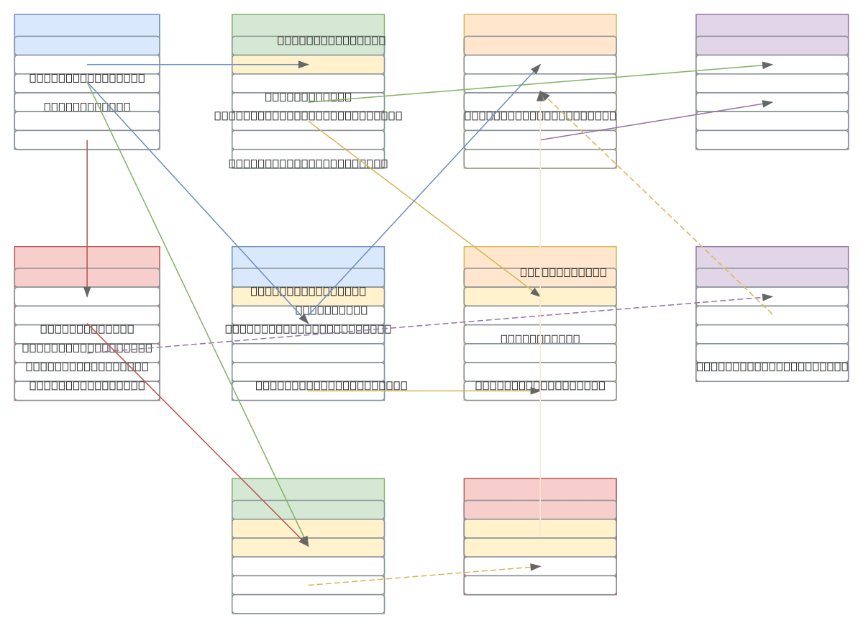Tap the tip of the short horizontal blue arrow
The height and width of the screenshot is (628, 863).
click(x=308, y=65)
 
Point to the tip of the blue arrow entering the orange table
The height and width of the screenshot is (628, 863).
click(x=540, y=65)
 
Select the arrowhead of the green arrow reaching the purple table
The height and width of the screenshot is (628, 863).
click(x=772, y=65)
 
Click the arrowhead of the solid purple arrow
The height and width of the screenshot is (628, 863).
click(x=772, y=102)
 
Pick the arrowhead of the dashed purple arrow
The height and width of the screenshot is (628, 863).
click(x=772, y=296)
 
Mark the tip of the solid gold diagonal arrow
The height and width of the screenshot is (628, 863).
click(x=539, y=296)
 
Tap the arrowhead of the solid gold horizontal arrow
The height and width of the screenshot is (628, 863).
click(x=539, y=391)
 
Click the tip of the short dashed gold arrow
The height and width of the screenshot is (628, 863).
click(x=539, y=567)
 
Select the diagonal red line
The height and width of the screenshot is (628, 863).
click(x=194, y=432)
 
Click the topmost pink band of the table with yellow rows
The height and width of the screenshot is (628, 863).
click(x=540, y=489)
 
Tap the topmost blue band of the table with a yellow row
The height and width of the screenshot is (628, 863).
click(x=308, y=257)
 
